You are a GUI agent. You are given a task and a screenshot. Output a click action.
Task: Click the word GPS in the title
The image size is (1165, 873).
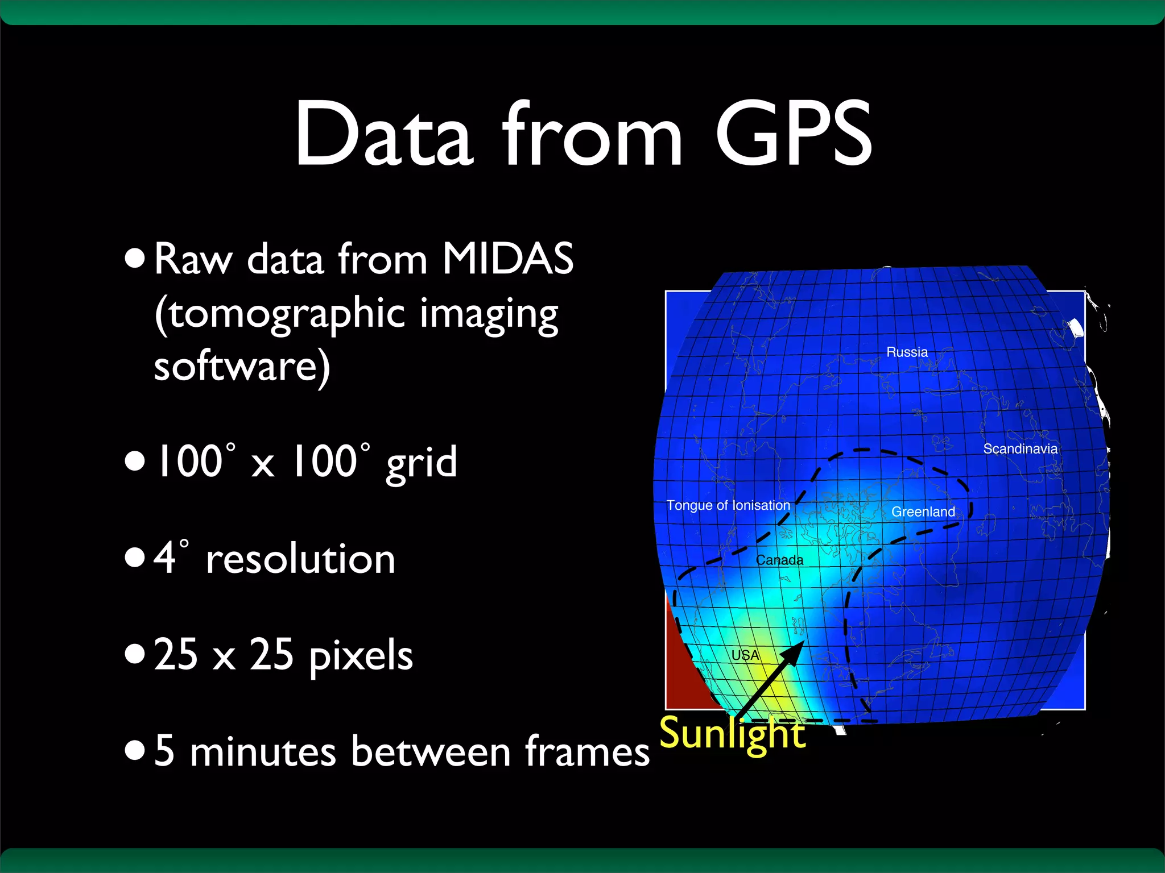793,134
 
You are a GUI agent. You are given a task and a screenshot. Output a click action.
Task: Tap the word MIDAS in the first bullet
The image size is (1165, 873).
507,259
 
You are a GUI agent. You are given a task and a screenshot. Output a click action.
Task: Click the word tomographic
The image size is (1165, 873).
280,314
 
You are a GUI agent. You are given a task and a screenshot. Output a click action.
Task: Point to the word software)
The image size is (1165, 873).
242,367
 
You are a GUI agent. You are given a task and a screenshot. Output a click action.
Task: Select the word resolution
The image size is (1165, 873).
300,559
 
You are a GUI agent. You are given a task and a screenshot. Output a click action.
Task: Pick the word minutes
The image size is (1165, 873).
263,751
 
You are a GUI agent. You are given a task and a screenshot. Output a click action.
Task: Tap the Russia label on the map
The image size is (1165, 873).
907,352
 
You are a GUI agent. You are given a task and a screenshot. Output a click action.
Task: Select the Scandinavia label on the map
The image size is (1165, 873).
1020,449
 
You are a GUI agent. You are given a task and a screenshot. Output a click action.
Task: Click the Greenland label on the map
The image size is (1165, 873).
923,512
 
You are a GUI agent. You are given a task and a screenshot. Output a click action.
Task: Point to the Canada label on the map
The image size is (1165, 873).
779,560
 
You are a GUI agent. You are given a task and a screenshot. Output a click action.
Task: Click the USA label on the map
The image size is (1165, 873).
745,655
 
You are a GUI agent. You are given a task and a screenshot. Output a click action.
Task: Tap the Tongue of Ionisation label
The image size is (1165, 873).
728,505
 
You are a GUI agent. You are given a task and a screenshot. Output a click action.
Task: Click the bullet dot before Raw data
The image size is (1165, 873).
135,259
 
